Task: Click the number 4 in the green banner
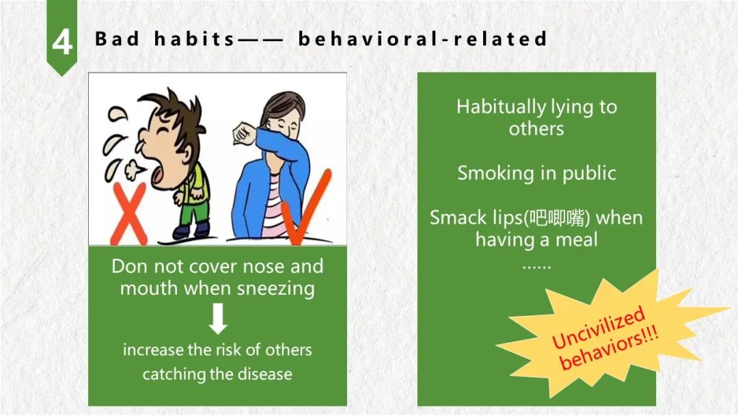click(62, 42)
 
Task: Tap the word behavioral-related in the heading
click(422, 38)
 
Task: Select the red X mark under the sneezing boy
click(128, 213)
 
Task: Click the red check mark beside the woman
click(306, 207)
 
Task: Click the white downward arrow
click(218, 318)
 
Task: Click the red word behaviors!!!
click(609, 348)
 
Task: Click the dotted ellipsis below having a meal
click(536, 267)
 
